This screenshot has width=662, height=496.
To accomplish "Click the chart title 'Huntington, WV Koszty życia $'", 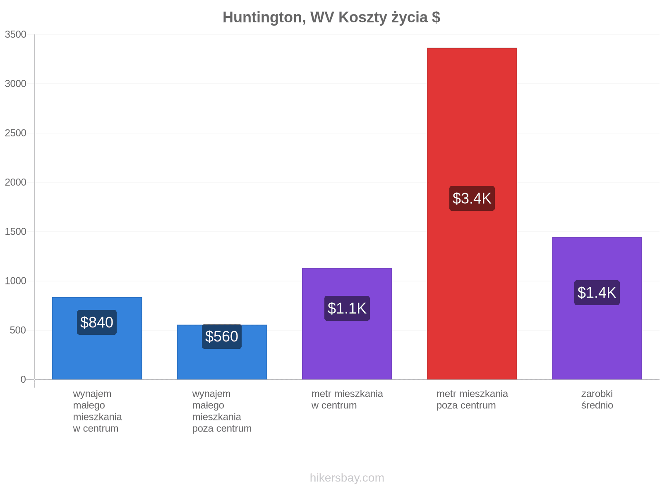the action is tap(331, 17).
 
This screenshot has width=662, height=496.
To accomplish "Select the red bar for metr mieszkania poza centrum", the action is tap(472, 214).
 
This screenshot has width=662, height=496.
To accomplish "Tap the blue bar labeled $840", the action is tap(97, 338).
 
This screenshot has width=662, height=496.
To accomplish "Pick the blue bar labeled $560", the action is tap(222, 352).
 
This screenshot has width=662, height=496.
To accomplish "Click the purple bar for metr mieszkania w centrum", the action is tap(347, 324).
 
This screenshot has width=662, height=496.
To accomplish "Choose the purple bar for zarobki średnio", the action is tap(597, 308).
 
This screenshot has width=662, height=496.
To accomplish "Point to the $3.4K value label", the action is tap(472, 198).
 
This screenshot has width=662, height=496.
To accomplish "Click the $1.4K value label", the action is tap(597, 293).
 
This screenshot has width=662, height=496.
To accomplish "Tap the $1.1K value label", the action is tap(347, 308).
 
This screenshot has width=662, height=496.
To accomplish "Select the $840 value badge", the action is tap(97, 322).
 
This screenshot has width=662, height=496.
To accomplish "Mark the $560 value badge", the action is tap(222, 336).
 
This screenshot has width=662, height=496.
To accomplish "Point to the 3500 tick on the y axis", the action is tap(16, 34).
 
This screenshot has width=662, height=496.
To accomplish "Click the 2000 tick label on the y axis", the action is tap(16, 182).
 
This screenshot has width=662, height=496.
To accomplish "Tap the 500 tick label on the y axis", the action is tap(18, 330).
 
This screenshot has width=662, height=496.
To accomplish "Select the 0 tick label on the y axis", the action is tap(23, 379).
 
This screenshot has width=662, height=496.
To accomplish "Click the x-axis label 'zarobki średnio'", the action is tap(597, 399).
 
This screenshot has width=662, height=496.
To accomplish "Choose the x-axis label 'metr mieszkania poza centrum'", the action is tap(472, 399).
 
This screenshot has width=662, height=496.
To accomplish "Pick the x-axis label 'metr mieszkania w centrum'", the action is tap(347, 399).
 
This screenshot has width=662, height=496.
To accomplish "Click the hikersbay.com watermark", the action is tap(347, 478).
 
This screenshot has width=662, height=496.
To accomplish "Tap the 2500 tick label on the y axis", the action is tap(16, 133).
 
